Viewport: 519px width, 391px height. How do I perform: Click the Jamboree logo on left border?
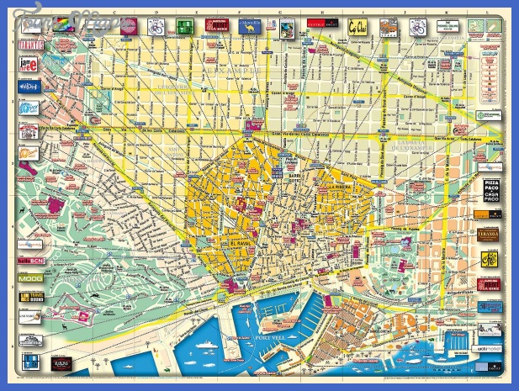click(28, 65)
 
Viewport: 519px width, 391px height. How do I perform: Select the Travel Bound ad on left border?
click(28, 296)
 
